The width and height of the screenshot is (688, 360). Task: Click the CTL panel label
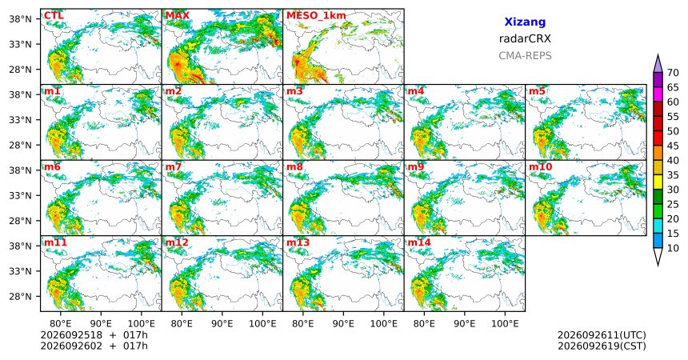pyautogui.click(x=54, y=16)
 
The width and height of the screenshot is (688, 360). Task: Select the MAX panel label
pyautogui.click(x=178, y=16)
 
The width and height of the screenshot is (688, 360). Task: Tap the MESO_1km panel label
pyautogui.click(x=316, y=16)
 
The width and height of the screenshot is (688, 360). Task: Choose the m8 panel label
pyautogui.click(x=294, y=167)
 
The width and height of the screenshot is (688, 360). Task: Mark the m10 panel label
pyautogui.click(x=540, y=167)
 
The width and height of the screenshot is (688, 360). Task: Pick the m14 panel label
pyautogui.click(x=419, y=242)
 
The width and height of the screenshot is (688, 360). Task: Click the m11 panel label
pyautogui.click(x=55, y=242)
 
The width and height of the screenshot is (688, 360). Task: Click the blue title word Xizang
pyautogui.click(x=525, y=22)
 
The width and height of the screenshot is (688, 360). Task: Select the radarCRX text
pyautogui.click(x=525, y=38)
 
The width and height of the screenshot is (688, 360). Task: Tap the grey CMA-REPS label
pyautogui.click(x=525, y=56)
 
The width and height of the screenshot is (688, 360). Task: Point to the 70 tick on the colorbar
pyautogui.click(x=673, y=73)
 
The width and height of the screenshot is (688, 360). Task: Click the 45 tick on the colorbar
pyautogui.click(x=673, y=146)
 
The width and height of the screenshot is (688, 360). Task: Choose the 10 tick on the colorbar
pyautogui.click(x=673, y=248)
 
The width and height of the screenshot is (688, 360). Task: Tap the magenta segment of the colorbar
pyautogui.click(x=658, y=94)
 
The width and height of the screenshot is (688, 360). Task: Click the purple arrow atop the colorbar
pyautogui.click(x=658, y=65)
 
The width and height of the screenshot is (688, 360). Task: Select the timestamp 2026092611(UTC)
pyautogui.click(x=602, y=335)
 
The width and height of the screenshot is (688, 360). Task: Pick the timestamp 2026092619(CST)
pyautogui.click(x=602, y=346)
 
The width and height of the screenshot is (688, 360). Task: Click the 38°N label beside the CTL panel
pyautogui.click(x=20, y=19)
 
